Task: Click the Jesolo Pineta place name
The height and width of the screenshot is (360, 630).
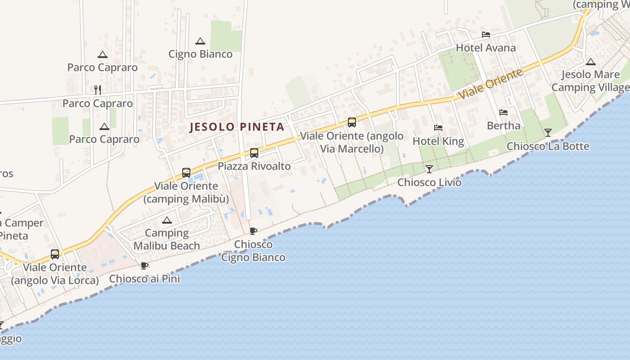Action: point(237,127)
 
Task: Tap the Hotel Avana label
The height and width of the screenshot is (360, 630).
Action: point(486,48)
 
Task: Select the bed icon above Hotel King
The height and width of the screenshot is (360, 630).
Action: point(438,128)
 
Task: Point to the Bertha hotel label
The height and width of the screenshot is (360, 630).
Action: point(504,126)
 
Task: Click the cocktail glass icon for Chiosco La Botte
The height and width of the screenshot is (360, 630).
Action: point(548,133)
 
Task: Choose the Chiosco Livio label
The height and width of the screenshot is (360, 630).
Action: point(429,182)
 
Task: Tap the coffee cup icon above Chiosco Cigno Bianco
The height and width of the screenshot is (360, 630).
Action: point(253,231)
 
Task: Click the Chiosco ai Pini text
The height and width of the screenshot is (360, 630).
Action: point(144,279)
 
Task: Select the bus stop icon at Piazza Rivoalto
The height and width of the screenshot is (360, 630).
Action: point(254,153)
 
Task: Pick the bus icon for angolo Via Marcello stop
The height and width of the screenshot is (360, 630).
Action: point(352,122)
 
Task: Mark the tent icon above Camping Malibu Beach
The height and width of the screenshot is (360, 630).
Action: point(167,220)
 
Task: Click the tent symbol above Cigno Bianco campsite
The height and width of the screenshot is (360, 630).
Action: point(200,41)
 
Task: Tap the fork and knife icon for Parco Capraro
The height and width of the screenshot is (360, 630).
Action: point(98,90)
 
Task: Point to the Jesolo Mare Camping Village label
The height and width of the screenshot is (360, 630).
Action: point(590,81)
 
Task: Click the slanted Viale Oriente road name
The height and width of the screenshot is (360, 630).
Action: point(490,84)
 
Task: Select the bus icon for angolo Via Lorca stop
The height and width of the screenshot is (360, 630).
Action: point(55,254)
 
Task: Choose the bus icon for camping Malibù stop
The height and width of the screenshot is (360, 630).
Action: point(186,173)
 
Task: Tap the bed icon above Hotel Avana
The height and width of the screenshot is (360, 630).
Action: point(486,35)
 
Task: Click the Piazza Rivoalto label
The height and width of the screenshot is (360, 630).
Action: point(254,166)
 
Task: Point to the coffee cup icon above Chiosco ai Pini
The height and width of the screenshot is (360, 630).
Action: point(144,266)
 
